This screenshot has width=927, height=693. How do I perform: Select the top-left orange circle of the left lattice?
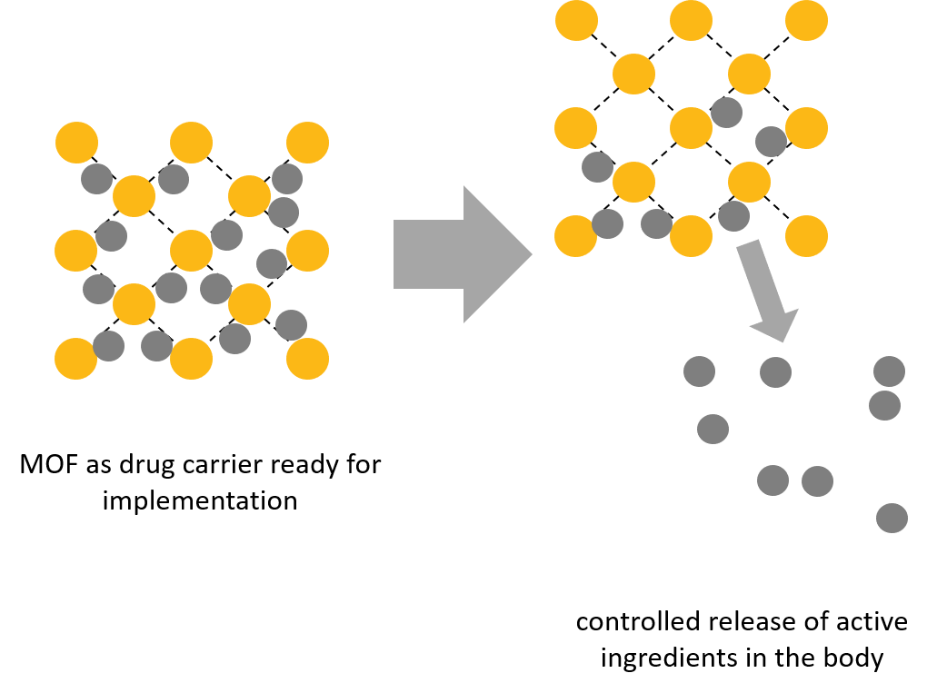[x=76, y=143]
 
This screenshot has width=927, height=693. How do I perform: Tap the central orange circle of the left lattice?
[x=191, y=251]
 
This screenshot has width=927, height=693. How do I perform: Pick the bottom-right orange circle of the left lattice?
[x=307, y=359]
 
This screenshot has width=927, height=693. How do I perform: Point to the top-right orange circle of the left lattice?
[x=307, y=143]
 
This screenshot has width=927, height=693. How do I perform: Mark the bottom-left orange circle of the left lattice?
[x=76, y=359]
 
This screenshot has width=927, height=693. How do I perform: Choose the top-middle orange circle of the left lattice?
[x=191, y=143]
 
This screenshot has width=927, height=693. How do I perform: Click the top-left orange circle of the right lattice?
[x=576, y=20]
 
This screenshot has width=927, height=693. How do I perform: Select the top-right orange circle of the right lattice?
[x=806, y=20]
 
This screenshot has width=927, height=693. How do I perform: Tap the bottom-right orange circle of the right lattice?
[x=806, y=236]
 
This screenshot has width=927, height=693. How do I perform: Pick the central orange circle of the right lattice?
[x=691, y=128]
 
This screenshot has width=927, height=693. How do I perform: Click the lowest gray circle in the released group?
[x=892, y=518]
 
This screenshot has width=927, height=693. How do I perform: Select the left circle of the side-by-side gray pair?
[x=772, y=480]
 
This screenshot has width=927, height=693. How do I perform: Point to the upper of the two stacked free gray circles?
[x=889, y=371]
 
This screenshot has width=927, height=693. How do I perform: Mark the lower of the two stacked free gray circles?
[x=884, y=405]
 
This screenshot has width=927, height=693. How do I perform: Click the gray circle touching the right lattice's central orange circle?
[x=726, y=113]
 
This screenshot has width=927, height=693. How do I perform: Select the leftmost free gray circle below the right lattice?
[x=699, y=371]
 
